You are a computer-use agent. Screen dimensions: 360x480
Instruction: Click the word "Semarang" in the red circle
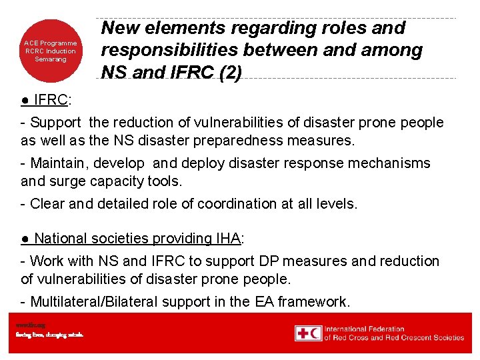point(51,59)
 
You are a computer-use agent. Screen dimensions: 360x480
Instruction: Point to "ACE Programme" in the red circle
point(51,43)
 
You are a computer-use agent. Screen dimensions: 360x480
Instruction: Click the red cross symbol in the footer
point(304,333)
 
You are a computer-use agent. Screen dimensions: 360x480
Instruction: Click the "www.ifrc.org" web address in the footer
point(31,325)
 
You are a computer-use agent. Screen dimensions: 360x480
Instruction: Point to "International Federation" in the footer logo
point(365,329)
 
